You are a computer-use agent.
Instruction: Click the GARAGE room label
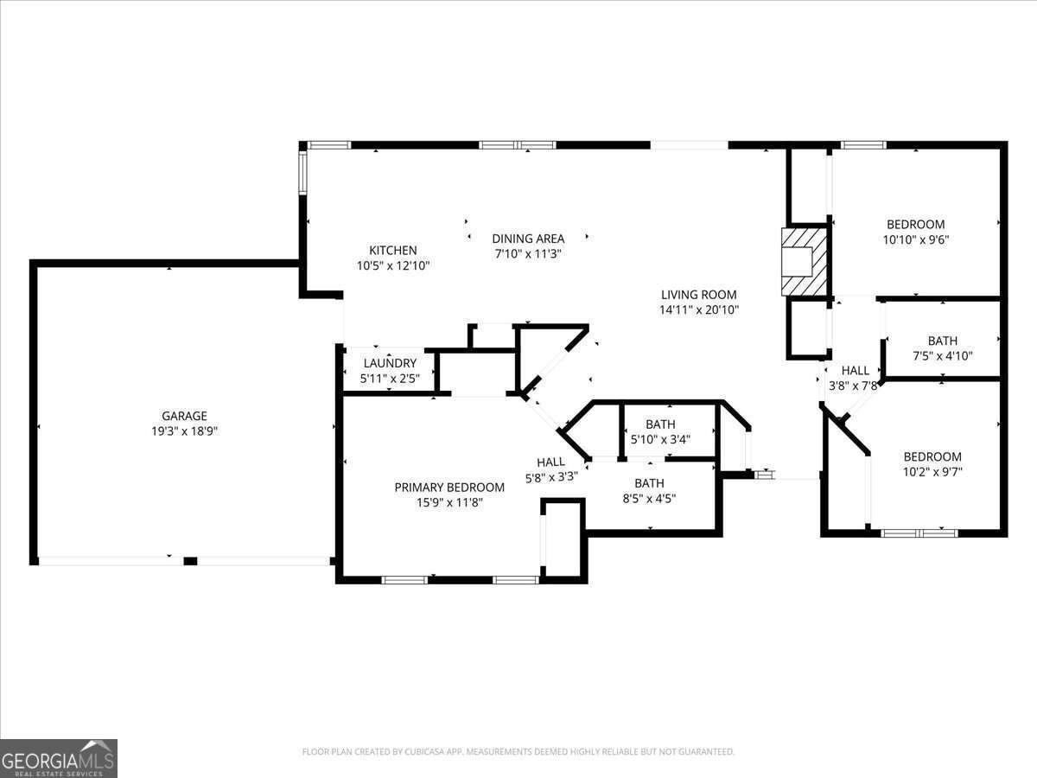coord(184,416)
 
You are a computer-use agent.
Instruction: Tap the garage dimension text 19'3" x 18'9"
coord(184,430)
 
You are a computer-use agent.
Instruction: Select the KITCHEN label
coord(393,251)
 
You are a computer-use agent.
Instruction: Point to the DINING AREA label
coord(528,239)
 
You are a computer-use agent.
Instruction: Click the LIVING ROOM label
coord(699,295)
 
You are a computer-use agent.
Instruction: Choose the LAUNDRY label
coord(390,363)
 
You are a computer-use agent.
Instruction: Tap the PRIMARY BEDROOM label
coord(449,487)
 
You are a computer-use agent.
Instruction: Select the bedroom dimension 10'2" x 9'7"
coord(932,472)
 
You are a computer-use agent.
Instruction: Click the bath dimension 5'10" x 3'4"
coord(660,439)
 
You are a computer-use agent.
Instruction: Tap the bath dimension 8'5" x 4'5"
coord(649,498)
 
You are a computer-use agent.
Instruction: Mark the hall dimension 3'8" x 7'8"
coord(855,386)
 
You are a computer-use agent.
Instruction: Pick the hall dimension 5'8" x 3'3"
coord(550,476)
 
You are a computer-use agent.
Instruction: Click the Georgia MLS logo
coord(59,758)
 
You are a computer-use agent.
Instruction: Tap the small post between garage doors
coord(190,561)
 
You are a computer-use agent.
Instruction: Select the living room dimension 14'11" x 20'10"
coord(699,309)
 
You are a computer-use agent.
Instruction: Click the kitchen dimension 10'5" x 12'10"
coord(393,265)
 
